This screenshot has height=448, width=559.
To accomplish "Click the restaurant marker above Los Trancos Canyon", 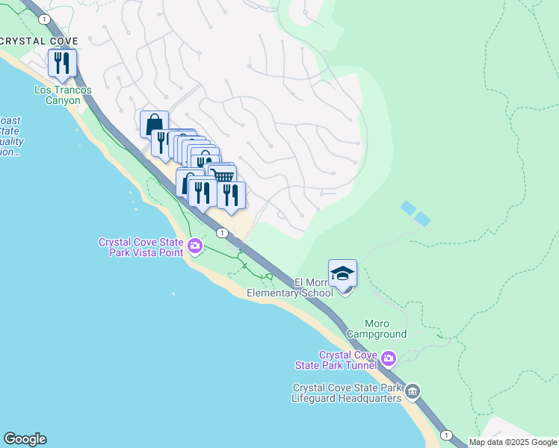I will tap(62, 63).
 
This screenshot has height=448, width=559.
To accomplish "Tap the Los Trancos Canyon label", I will tap(63, 95).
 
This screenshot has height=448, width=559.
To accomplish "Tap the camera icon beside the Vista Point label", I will tap(195, 246).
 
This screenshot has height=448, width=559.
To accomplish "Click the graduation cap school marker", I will tap(342, 273).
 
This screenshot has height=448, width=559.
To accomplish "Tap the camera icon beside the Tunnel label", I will tap(388, 359).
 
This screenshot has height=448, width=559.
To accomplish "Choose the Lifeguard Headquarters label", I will tap(348, 393).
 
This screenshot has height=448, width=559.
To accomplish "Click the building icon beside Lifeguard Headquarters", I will tap(413, 392).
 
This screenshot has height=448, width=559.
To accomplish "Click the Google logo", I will tap(25, 439).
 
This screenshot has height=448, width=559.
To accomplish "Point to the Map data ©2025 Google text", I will tap(513, 442).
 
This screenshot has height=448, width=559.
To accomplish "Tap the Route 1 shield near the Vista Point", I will tap(222, 233).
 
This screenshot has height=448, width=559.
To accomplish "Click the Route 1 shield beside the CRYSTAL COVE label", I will tap(46, 18).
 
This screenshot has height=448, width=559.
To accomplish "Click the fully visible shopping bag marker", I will tap(154, 124).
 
